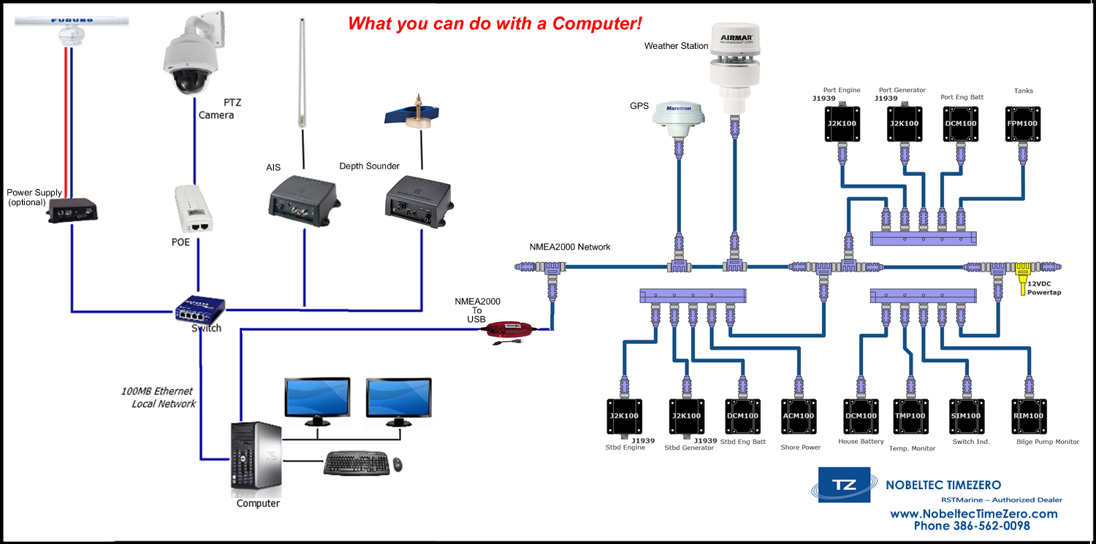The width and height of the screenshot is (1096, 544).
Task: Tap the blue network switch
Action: (199, 310)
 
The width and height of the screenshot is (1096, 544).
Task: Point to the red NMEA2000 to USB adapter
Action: (509, 330)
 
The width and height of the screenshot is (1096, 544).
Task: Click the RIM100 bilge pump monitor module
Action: (1028, 415)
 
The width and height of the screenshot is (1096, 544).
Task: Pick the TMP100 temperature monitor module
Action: (910, 415)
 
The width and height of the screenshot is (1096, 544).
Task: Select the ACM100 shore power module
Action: (798, 415)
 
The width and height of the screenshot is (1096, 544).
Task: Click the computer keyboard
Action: (356, 463)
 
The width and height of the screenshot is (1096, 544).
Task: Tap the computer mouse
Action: (397, 464)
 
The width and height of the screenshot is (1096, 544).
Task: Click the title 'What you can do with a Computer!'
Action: (495, 23)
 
